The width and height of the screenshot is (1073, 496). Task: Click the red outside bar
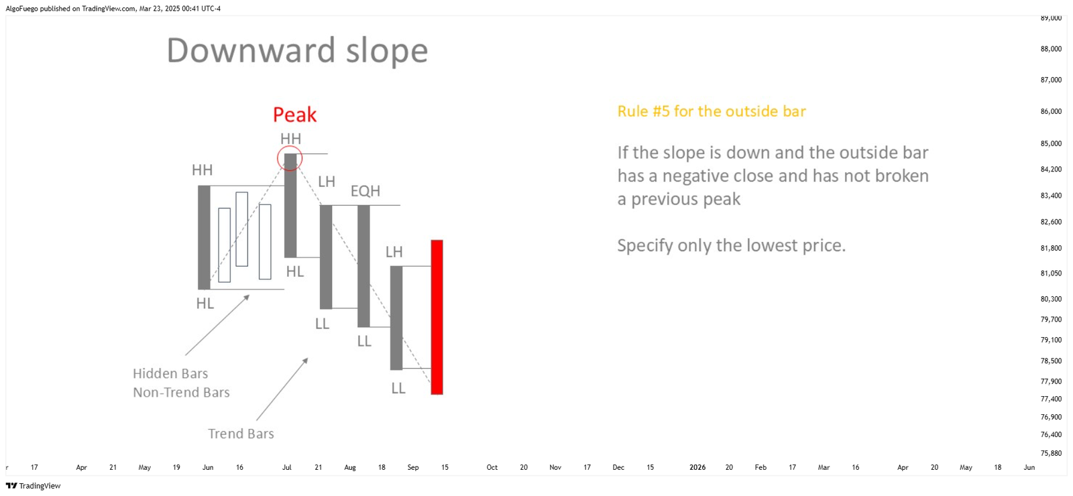(437, 317)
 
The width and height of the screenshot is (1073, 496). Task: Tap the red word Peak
(294, 115)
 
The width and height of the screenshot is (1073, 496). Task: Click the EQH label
(365, 191)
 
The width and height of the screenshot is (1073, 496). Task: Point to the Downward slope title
(297, 50)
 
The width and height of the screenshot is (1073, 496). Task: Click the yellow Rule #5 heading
(712, 111)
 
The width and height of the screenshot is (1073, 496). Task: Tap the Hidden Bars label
(170, 373)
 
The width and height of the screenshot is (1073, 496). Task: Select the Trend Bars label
(241, 434)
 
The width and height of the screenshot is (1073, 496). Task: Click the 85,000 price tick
(1051, 143)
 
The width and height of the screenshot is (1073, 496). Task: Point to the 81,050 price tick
(1051, 273)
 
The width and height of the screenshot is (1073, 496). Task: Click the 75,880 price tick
(1051, 453)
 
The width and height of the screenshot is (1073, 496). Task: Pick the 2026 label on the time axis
(697, 467)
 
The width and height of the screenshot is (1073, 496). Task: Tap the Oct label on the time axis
(492, 467)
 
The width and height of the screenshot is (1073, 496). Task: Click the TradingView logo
(33, 486)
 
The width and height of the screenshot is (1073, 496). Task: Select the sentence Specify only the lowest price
(732, 245)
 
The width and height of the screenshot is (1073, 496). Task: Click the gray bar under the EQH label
(363, 266)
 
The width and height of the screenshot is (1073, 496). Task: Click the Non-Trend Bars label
(181, 393)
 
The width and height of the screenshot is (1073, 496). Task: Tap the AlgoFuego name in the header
(21, 9)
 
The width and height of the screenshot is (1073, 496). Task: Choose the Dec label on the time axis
(618, 467)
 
